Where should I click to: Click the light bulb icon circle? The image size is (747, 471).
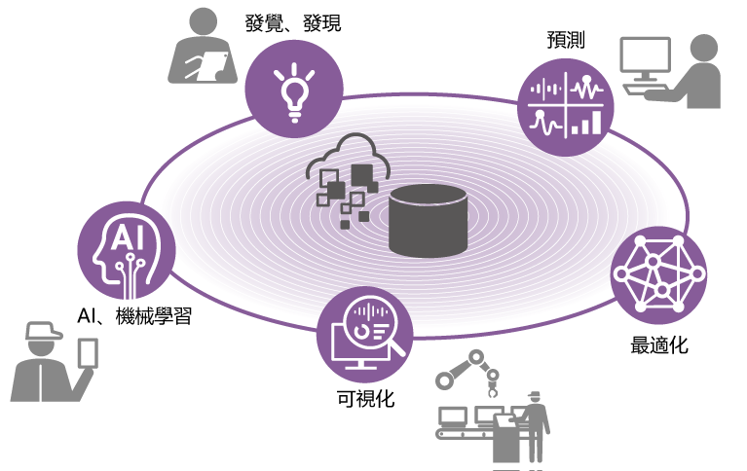[x=294, y=90]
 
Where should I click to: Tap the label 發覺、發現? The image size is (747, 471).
[x=293, y=22]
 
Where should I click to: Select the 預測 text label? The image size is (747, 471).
[x=566, y=40]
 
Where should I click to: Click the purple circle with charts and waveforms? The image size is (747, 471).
[x=566, y=107]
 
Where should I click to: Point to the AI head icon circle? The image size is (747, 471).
[x=127, y=250]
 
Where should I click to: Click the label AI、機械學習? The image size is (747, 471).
[x=134, y=315]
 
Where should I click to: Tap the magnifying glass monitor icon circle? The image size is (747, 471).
[x=365, y=335]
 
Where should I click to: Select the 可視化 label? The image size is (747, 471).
[x=365, y=399]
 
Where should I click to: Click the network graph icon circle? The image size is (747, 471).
[x=659, y=274]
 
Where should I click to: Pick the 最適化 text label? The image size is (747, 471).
[x=659, y=344]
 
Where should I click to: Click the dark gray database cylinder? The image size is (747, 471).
[x=428, y=221]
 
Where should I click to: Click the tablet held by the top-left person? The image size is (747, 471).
[x=207, y=66]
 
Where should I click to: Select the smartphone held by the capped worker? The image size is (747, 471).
[x=88, y=353]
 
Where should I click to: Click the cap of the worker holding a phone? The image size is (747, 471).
[x=43, y=331]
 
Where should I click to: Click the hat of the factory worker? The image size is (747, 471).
[x=535, y=395]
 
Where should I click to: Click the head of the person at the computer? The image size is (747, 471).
[x=703, y=48]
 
